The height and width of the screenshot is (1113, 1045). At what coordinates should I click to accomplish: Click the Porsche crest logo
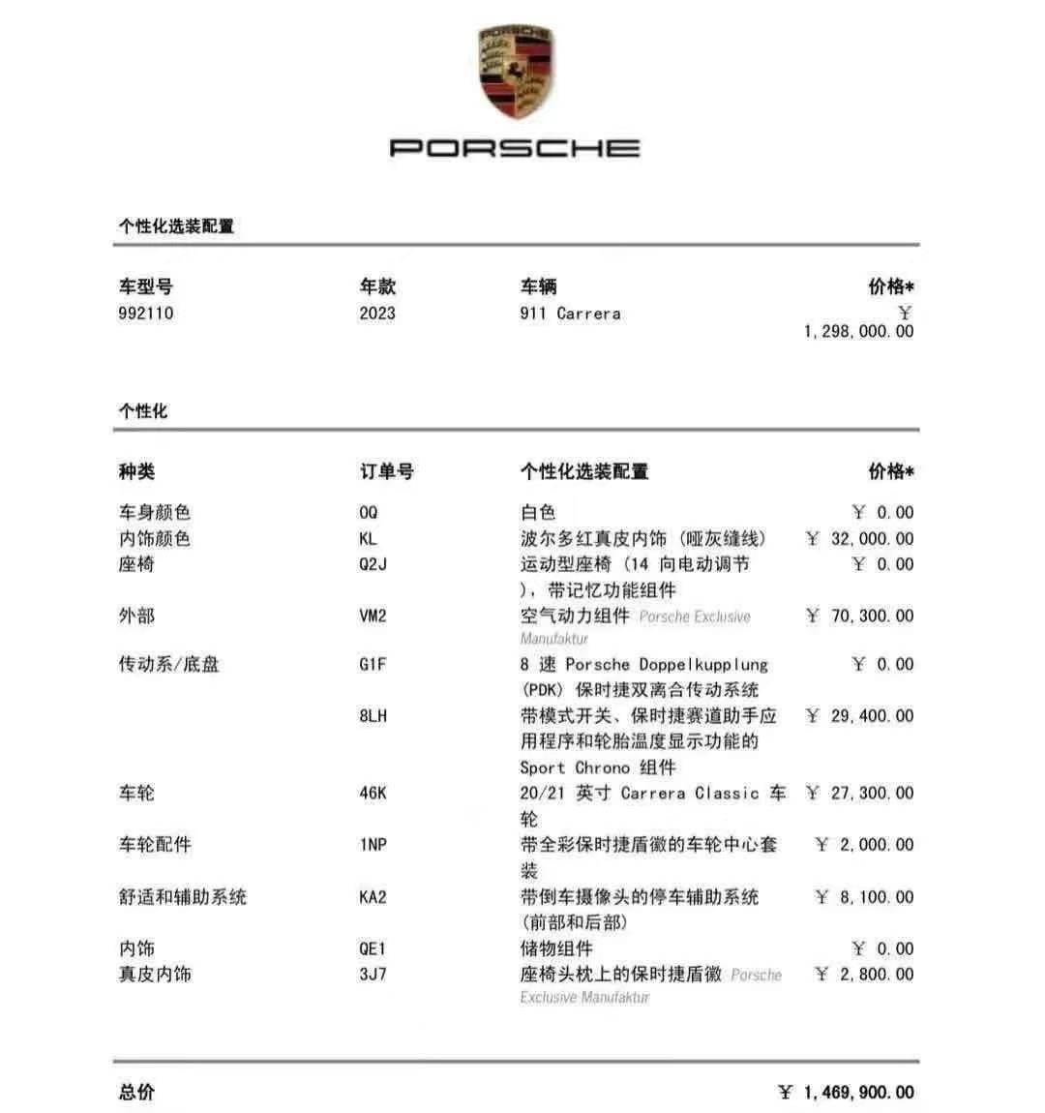click(x=516, y=73)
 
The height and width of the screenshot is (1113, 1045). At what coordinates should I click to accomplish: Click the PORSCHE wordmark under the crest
click(x=515, y=148)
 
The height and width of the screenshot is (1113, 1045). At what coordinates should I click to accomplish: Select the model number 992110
click(x=146, y=314)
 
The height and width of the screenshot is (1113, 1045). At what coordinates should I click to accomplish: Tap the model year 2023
click(x=377, y=314)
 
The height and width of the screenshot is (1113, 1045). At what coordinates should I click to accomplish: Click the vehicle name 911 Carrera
click(x=570, y=314)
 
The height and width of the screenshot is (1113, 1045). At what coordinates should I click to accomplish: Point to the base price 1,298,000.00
click(x=858, y=331)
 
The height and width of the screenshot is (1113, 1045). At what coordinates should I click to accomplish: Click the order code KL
click(x=368, y=539)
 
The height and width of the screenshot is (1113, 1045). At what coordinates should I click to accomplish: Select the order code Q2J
click(x=373, y=564)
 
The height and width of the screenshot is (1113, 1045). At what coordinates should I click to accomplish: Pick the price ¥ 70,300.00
click(x=860, y=616)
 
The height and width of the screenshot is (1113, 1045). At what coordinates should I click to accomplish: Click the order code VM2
click(x=373, y=616)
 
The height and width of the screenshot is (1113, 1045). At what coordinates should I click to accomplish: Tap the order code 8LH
click(x=373, y=716)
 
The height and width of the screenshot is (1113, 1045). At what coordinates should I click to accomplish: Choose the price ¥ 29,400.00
click(x=860, y=716)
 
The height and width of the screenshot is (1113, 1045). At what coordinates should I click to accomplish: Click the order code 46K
click(x=373, y=794)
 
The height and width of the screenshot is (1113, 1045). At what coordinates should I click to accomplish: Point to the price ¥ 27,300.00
click(x=860, y=794)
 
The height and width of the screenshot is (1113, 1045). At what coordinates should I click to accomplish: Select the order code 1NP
click(x=373, y=845)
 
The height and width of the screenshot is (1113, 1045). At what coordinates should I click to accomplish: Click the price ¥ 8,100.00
click(x=864, y=897)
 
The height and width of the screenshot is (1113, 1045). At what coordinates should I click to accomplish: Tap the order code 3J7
click(x=373, y=975)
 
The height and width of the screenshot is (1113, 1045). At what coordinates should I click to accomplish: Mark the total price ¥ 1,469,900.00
click(x=847, y=1093)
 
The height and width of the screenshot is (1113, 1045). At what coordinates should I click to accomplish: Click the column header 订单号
click(x=387, y=472)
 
